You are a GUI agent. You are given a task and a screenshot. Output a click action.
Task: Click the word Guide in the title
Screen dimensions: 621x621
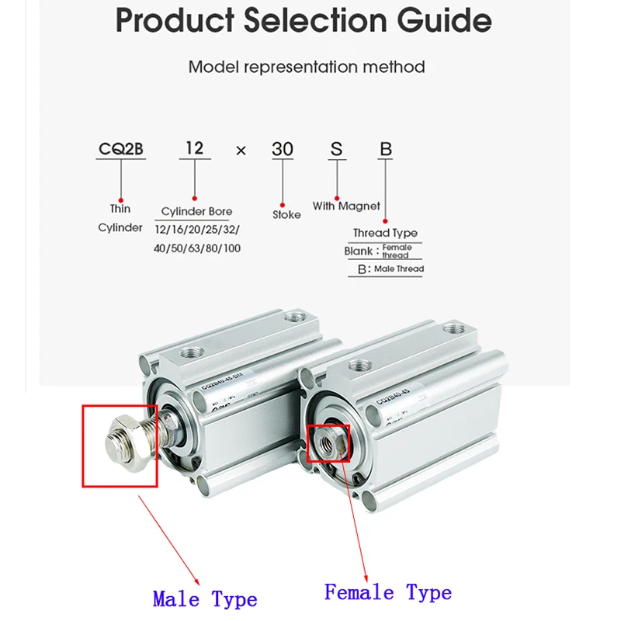425,21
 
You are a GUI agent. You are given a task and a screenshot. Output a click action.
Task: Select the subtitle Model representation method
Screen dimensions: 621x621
307,67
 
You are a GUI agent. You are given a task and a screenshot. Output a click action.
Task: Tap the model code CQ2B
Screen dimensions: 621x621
120,149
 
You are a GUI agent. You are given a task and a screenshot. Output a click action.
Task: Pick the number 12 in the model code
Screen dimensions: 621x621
195,148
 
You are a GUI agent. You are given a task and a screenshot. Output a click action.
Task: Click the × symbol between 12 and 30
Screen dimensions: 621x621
241,151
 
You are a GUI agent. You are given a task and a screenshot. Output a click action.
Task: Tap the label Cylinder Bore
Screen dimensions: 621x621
196,211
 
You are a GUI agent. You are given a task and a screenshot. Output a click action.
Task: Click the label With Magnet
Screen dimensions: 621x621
346,206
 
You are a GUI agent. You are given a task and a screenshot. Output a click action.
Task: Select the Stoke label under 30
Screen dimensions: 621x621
286,214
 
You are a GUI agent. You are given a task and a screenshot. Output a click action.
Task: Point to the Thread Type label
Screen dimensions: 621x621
385,233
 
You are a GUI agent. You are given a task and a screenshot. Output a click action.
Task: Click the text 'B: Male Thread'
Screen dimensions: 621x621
390,269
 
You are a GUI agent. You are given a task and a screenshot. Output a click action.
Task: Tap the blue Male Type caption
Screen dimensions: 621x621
205,599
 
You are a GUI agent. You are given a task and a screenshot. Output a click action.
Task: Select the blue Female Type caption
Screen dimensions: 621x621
387,593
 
